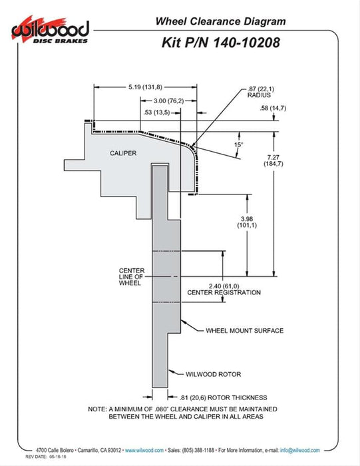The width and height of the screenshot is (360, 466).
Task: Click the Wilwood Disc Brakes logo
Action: (x=50, y=31)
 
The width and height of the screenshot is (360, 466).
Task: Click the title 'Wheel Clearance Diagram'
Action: (x=220, y=21)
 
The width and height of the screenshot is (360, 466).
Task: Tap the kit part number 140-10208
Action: (x=246, y=43)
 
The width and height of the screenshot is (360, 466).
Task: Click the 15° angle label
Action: (x=238, y=144)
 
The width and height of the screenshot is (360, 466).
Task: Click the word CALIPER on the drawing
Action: (x=123, y=153)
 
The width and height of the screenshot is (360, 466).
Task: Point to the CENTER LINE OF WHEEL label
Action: (x=132, y=277)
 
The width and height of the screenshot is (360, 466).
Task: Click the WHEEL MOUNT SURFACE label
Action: (x=244, y=330)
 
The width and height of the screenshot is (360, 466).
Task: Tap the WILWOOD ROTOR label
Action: (x=213, y=374)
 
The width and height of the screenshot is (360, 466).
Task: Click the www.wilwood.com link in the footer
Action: (x=144, y=450)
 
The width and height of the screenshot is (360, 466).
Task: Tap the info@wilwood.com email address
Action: (x=300, y=450)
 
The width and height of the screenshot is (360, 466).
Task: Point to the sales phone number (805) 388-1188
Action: (x=198, y=450)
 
